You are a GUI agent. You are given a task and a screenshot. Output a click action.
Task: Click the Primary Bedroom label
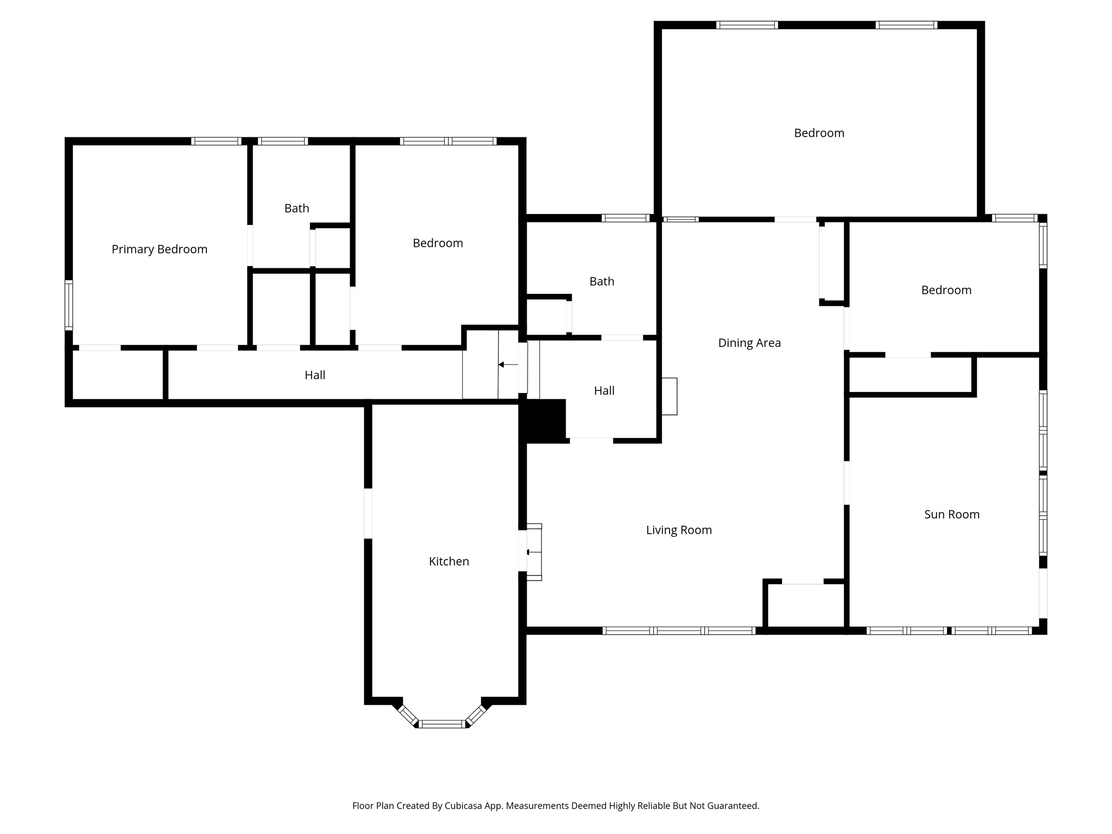(159, 249)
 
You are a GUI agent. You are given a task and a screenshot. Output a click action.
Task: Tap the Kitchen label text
(448, 561)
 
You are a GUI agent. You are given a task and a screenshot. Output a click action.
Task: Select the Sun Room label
(951, 514)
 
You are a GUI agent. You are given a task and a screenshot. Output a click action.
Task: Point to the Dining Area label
(749, 343)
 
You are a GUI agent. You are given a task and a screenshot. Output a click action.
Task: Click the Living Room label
(678, 530)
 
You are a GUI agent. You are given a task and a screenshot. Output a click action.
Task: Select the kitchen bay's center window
(442, 723)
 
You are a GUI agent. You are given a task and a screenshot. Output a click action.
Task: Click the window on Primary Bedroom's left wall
(69, 305)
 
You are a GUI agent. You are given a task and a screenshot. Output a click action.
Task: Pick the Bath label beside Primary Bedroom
(296, 208)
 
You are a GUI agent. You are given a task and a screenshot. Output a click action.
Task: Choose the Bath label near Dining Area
(602, 281)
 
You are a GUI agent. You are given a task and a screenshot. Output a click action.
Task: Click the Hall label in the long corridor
(314, 375)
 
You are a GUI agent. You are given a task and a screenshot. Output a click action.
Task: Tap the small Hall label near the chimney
(604, 391)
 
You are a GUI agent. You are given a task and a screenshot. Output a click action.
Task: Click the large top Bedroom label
(819, 133)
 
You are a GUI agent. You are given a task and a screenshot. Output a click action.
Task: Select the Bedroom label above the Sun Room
(946, 290)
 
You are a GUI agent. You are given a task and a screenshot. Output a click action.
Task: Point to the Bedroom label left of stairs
(438, 243)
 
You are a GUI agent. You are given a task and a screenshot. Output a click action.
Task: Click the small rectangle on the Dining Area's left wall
(669, 396)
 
